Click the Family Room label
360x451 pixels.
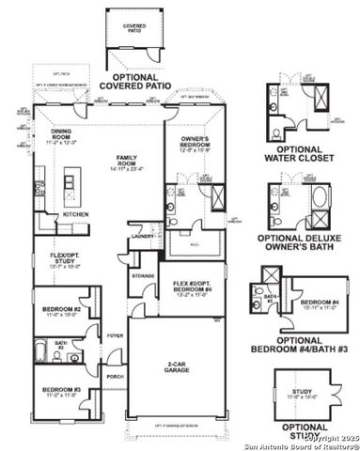125,162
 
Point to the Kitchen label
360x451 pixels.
75,213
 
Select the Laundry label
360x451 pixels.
143,237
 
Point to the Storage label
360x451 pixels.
143,275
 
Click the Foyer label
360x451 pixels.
115,334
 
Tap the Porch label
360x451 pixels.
115,378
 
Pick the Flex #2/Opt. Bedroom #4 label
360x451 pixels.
192,284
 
